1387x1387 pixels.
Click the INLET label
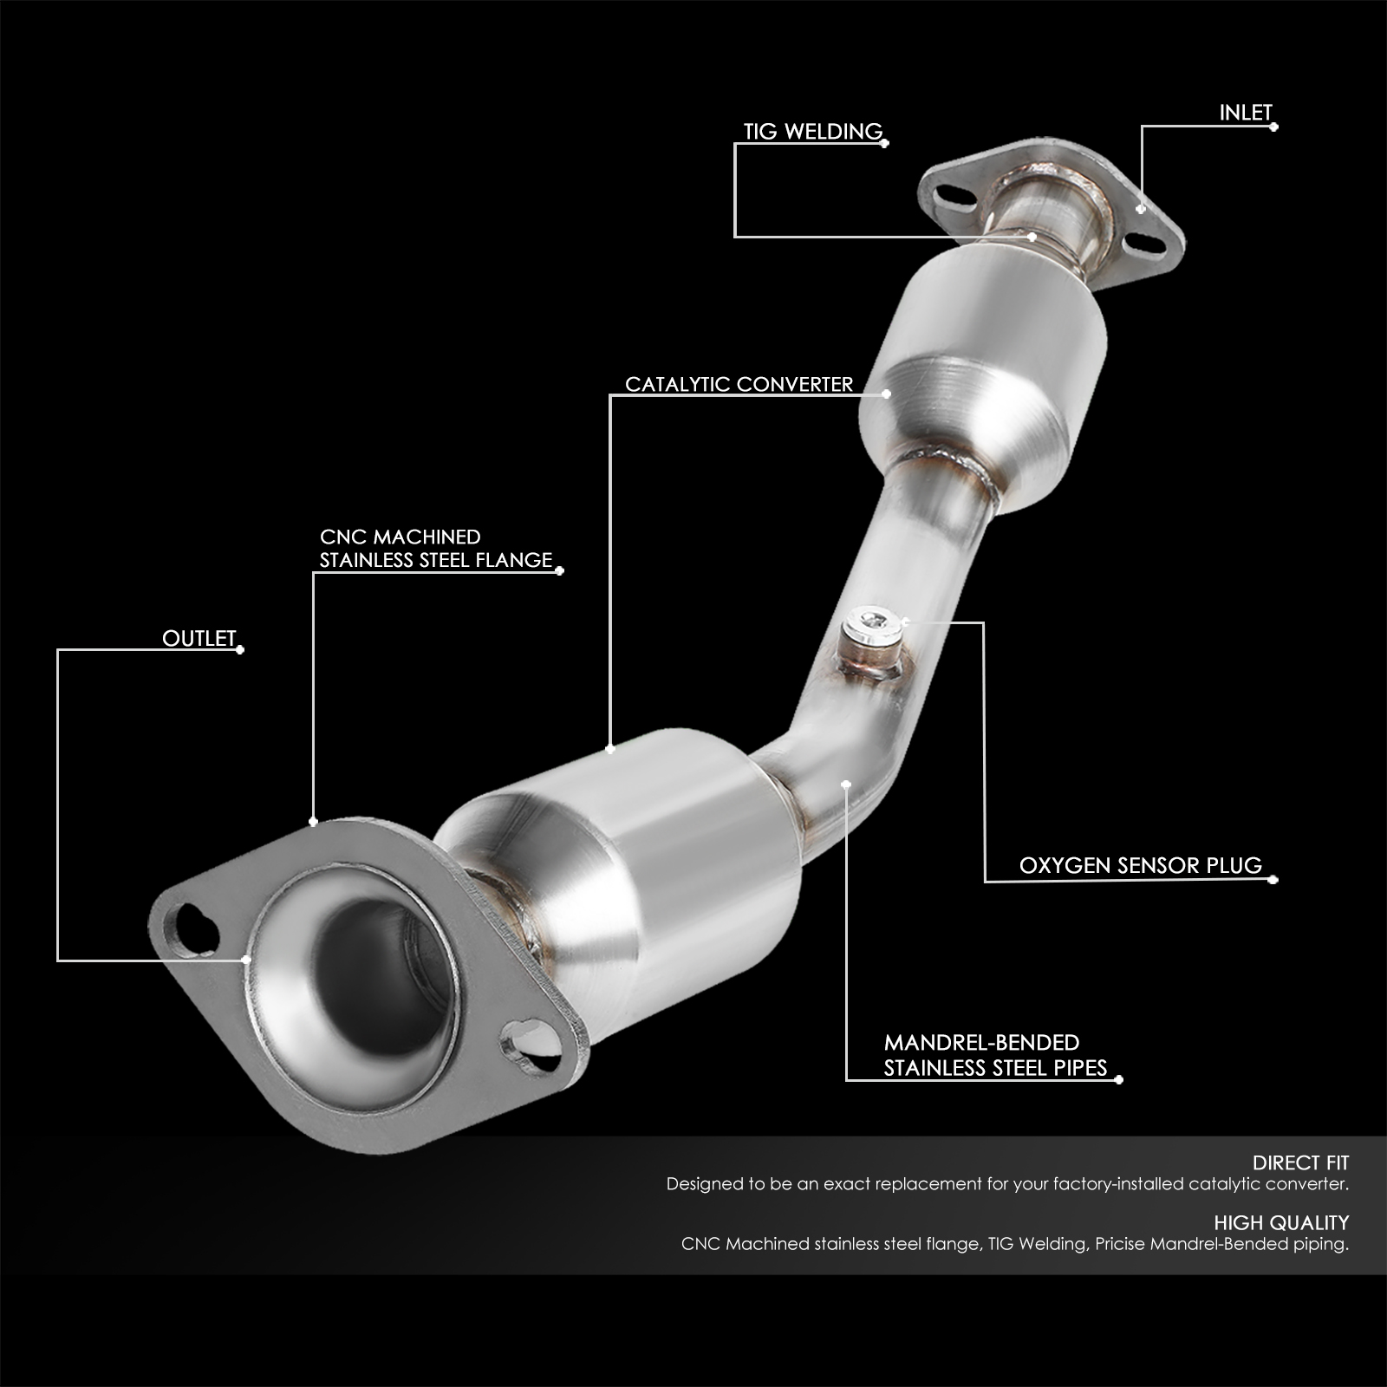click(x=1245, y=113)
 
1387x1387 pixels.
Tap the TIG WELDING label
click(x=812, y=132)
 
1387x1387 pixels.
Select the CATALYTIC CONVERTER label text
click(x=739, y=384)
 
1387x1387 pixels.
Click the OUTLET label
click(x=199, y=639)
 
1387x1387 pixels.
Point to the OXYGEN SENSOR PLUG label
click(x=1140, y=865)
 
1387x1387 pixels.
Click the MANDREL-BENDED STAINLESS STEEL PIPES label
click(x=995, y=1055)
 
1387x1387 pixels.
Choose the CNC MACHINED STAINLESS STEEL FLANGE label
click(x=435, y=549)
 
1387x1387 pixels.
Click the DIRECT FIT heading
click(x=1300, y=1162)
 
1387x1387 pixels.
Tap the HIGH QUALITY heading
click(x=1281, y=1223)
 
